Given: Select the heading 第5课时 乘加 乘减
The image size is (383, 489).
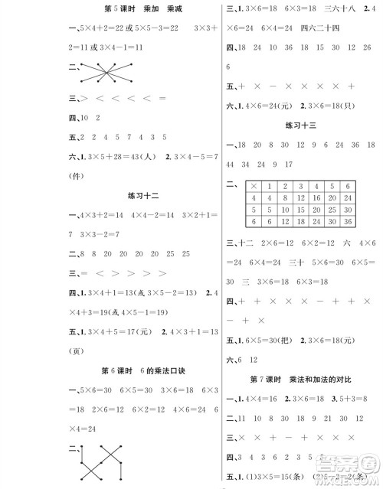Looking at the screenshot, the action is [136, 10].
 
